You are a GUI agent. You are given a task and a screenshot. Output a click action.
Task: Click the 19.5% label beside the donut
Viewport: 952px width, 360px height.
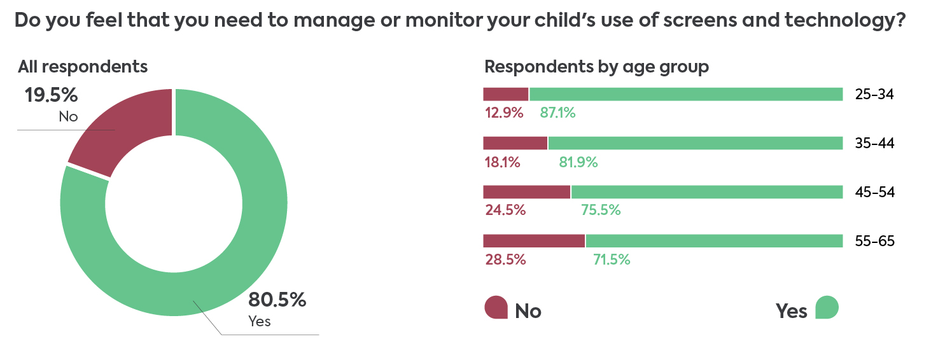pyautogui.click(x=51, y=95)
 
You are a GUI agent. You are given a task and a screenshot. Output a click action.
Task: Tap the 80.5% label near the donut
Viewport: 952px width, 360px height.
pyautogui.click(x=277, y=300)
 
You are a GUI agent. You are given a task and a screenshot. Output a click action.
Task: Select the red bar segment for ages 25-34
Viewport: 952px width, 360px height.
pyautogui.click(x=506, y=94)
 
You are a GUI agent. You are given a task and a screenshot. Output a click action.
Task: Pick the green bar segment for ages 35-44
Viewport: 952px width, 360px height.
pyautogui.click(x=695, y=143)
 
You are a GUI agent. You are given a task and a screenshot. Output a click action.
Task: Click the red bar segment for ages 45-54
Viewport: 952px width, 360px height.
pyautogui.click(x=527, y=192)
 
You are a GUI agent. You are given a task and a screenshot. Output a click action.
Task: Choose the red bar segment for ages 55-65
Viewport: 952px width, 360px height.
pyautogui.click(x=534, y=241)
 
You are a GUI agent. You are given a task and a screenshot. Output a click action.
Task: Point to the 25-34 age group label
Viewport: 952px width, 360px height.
pyautogui.click(x=875, y=95)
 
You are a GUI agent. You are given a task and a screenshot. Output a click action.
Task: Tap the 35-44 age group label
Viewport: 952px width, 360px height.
pyautogui.click(x=875, y=144)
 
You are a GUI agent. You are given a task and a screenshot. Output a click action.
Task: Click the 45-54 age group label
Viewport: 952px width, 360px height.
pyautogui.click(x=875, y=192)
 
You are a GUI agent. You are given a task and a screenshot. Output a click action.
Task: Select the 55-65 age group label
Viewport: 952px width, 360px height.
pyautogui.click(x=875, y=241)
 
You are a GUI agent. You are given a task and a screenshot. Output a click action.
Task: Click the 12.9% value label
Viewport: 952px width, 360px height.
pyautogui.click(x=503, y=113)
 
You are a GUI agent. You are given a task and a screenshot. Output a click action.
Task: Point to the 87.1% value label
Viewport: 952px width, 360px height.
pyautogui.click(x=557, y=113)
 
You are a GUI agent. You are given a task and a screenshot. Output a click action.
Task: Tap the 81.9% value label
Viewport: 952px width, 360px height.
pyautogui.click(x=578, y=162)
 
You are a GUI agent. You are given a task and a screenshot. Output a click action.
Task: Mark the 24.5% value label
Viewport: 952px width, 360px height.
pyautogui.click(x=505, y=211)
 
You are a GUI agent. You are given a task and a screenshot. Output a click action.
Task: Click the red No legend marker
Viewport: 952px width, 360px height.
pyautogui.click(x=496, y=308)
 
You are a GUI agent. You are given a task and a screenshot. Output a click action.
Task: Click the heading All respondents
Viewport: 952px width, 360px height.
pyautogui.click(x=82, y=67)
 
